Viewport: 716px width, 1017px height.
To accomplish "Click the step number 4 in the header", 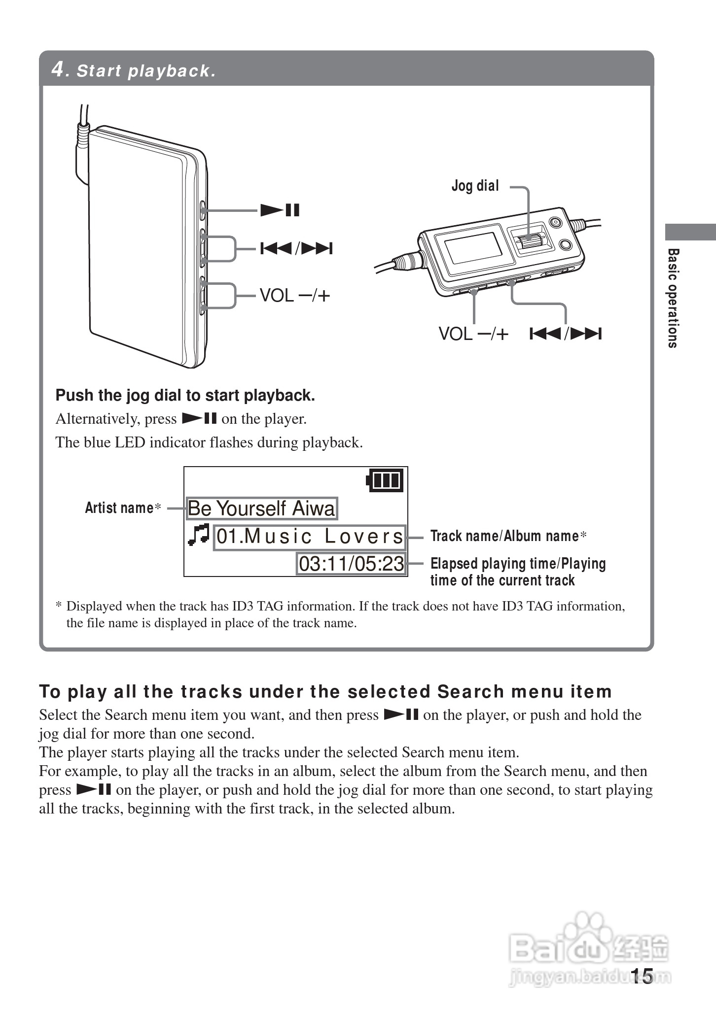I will coord(58,69).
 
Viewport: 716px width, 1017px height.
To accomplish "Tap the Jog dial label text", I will coord(475,186).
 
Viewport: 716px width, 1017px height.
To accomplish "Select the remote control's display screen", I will coord(471,248).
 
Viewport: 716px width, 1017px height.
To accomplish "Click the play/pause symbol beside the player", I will coord(280,210).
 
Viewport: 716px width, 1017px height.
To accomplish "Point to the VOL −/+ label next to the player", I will coord(294,296).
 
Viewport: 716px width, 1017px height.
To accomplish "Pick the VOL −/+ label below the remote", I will coord(473,334).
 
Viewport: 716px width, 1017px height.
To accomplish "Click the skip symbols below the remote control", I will coord(566,334).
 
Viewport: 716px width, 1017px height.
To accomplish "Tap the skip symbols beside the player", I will coord(296,248).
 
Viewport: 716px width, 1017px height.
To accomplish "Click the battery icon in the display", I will coord(385,480).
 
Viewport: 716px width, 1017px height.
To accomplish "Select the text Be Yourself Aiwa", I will coord(261,508).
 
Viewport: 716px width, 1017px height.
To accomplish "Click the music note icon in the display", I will coord(199,535).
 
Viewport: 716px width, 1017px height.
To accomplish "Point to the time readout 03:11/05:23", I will coord(351,564).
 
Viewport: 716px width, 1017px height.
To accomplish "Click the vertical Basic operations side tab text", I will coord(673,298).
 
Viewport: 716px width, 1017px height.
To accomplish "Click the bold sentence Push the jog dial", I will coord(185,395).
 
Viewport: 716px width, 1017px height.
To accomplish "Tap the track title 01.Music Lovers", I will coord(310,537).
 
